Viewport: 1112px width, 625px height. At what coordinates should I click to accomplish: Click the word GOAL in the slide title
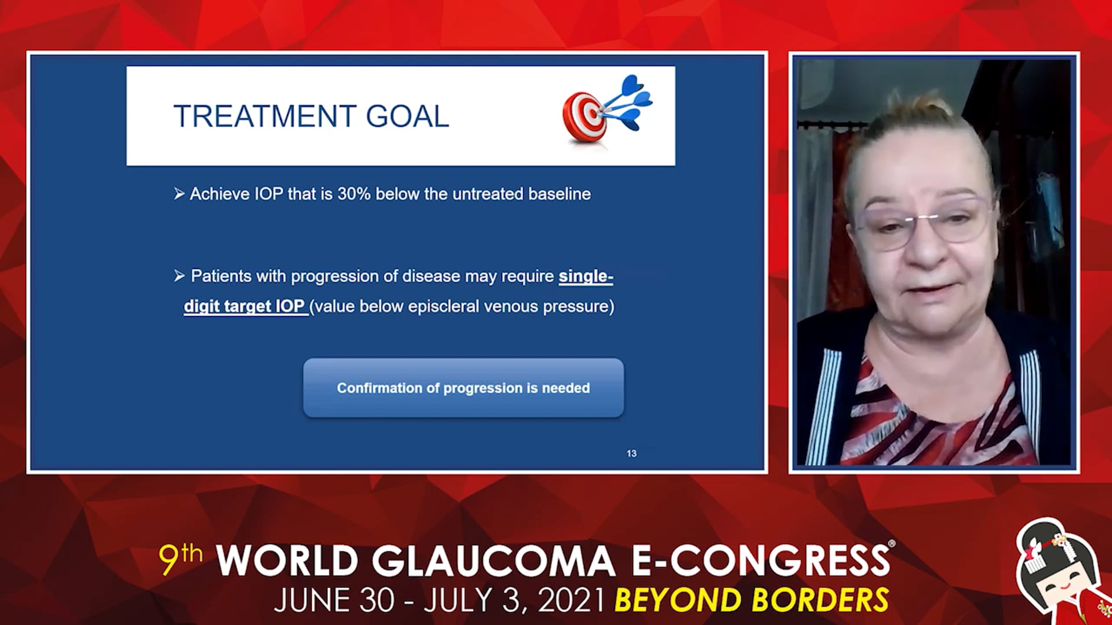click(407, 116)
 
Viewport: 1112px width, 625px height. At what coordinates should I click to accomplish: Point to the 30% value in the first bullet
click(354, 194)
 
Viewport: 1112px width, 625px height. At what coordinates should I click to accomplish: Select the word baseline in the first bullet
click(559, 194)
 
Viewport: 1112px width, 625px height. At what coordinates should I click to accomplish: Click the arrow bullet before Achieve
click(179, 194)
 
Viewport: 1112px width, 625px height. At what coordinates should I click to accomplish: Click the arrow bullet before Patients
click(179, 276)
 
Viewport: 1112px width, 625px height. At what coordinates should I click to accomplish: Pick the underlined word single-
click(586, 277)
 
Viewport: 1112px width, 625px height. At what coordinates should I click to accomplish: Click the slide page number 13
click(631, 454)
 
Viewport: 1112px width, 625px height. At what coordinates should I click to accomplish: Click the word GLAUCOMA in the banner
click(493, 560)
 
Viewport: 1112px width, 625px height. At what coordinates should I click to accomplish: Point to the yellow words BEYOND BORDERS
click(752, 600)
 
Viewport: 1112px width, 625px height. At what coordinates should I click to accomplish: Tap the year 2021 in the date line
click(572, 600)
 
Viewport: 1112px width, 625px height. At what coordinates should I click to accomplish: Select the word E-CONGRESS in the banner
click(760, 560)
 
